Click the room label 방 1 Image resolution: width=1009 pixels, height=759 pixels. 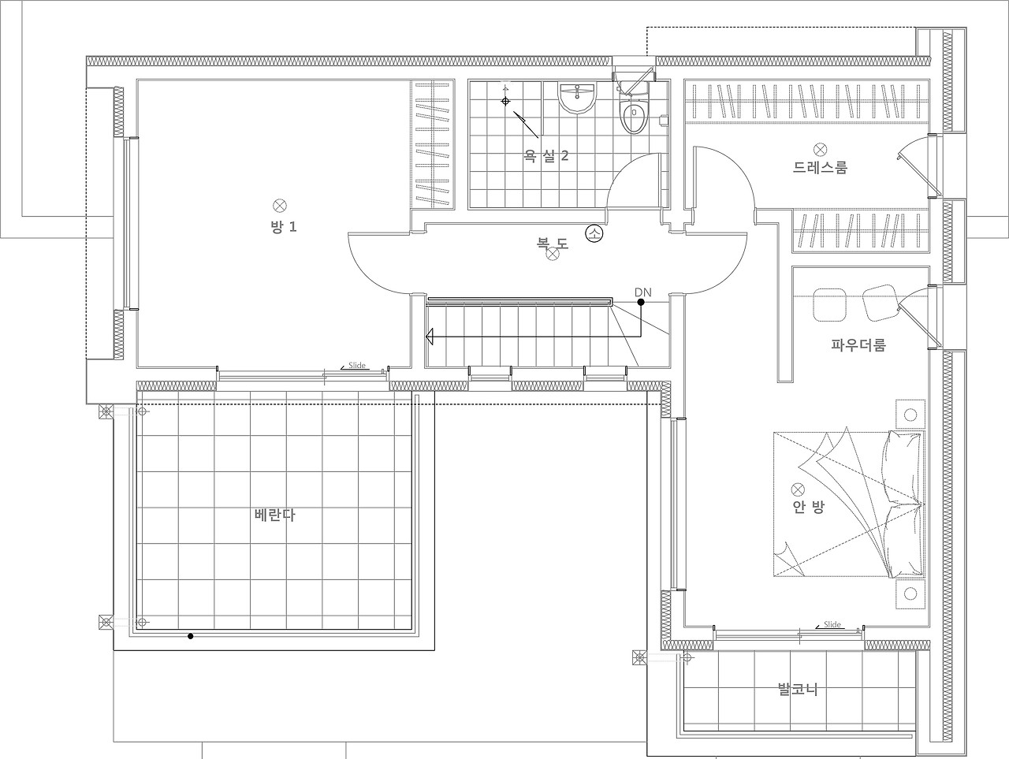coord(284,226)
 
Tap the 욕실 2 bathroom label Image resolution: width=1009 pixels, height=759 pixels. coord(546,156)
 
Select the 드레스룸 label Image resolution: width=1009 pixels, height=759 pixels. coord(820,167)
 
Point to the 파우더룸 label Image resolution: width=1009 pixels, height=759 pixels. coord(858,344)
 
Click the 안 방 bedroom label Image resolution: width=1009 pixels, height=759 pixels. coord(809,507)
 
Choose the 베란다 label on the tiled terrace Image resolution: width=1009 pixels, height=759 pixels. coord(274,515)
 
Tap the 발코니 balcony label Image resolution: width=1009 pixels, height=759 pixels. coord(798,689)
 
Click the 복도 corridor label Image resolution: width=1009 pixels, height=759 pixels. coord(553,242)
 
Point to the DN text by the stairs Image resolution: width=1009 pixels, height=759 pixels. coord(642,292)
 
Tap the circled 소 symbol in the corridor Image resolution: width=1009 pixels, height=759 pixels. coord(594,233)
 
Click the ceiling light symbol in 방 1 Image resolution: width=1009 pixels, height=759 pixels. coord(280,206)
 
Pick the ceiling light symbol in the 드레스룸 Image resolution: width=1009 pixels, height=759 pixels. coord(820,149)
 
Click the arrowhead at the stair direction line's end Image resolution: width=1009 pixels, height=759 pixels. coord(430,337)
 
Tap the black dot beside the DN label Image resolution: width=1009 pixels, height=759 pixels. coord(640,302)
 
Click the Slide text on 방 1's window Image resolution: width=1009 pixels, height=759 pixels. coord(357,365)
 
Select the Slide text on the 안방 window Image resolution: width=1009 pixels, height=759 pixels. coord(832,624)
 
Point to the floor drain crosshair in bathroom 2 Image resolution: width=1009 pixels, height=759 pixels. coord(505,101)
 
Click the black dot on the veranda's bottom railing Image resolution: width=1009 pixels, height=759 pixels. coord(190,636)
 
